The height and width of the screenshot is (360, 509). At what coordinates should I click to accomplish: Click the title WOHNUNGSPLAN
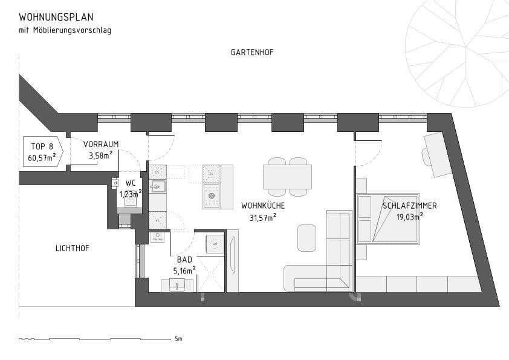(56, 17)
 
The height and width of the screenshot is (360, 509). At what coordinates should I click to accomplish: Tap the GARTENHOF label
(252, 53)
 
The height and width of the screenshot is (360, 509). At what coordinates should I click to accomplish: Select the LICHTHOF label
(72, 248)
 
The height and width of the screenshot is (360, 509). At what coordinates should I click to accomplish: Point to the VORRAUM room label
(101, 144)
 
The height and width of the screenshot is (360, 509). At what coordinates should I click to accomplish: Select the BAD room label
(184, 260)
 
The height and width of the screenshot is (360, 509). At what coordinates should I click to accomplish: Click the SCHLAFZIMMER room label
(409, 206)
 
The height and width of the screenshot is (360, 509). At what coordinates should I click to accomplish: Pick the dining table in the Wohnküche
(287, 177)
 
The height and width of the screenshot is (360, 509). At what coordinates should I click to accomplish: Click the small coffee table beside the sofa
(307, 238)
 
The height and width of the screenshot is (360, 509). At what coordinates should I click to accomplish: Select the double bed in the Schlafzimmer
(387, 219)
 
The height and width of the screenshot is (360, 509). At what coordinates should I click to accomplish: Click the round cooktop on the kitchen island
(212, 195)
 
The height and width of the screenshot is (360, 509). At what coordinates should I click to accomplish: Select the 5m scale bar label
(178, 339)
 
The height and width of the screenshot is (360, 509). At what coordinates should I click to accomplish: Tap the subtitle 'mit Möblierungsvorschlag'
(65, 30)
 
